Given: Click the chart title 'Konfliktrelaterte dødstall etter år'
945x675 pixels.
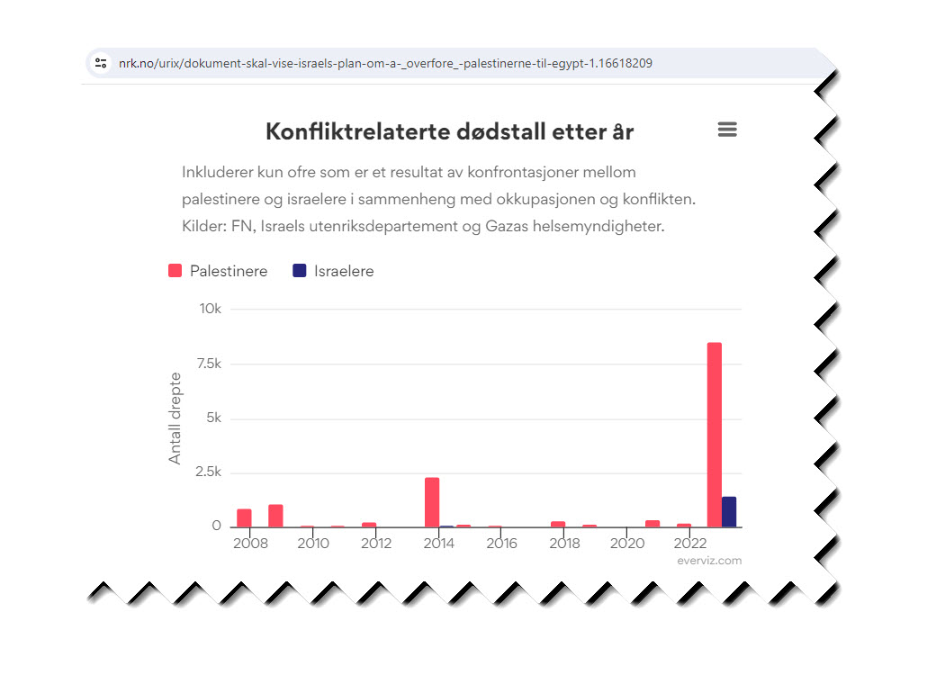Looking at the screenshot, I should pos(449,131).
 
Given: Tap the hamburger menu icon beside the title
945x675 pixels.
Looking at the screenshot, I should pos(727,130).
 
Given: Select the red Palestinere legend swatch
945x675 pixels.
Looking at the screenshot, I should pos(175,271).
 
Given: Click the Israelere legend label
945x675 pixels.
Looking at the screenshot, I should pos(343,271).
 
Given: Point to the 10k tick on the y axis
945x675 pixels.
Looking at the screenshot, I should pos(210,309).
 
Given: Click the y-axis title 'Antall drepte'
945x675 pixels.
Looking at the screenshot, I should pos(175,418).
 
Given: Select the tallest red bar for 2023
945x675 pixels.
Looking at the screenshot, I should pos(714,435).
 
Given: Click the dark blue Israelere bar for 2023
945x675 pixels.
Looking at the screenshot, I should pos(729,512).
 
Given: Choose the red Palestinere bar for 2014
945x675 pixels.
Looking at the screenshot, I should pos(432,502).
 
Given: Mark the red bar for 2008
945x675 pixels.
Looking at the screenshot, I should pos(244,517).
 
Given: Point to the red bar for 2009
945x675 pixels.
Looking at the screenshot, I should pos(275,516).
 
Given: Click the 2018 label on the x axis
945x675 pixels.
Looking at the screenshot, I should pos(564,544).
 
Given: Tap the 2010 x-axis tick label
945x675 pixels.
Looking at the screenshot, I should pos(313,544).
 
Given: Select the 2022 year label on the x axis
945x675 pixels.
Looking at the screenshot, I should pos(690,544).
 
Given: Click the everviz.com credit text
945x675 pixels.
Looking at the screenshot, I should pos(709,561).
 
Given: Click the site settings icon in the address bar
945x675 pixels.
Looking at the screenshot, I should pos(101,63).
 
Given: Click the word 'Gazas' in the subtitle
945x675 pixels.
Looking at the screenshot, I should pos(509,226).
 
